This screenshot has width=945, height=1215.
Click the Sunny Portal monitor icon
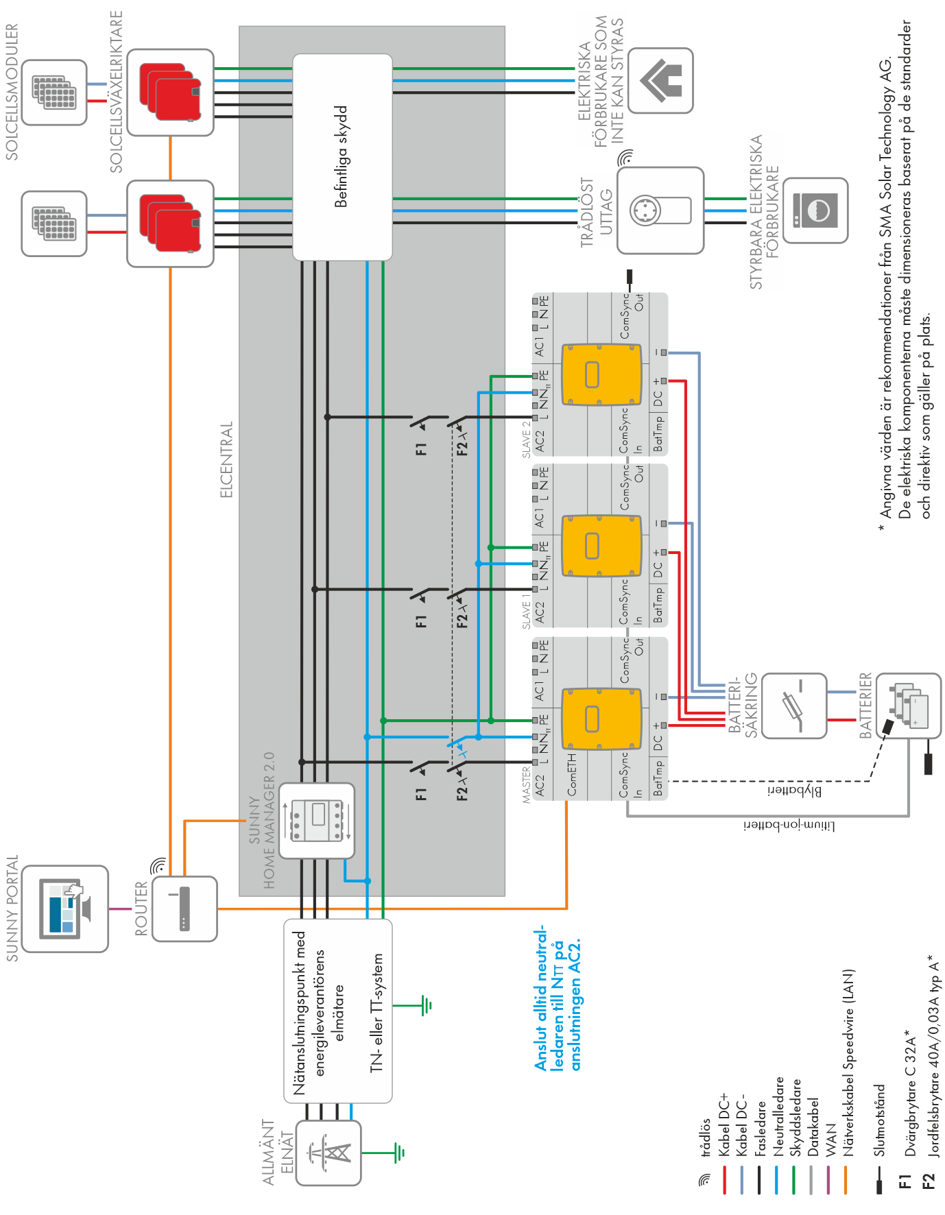pos(65,908)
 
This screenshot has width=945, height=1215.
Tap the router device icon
pos(184,909)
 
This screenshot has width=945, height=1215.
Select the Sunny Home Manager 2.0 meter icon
pos(317,820)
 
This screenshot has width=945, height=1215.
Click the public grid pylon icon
pos(328,1153)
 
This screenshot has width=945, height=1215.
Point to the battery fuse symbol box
pos(794,705)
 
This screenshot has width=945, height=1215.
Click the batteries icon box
pos(909,705)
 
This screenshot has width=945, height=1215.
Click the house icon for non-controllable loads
pos(660,80)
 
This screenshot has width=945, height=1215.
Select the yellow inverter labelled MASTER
pos(601,719)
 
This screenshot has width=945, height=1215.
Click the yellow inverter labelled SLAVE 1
pos(601,546)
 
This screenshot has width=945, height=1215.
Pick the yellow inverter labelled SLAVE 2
pos(601,374)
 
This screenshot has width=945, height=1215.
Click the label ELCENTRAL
pos(226,459)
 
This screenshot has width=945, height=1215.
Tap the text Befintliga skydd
pos(341,156)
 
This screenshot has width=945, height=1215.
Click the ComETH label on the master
pos(571,775)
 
